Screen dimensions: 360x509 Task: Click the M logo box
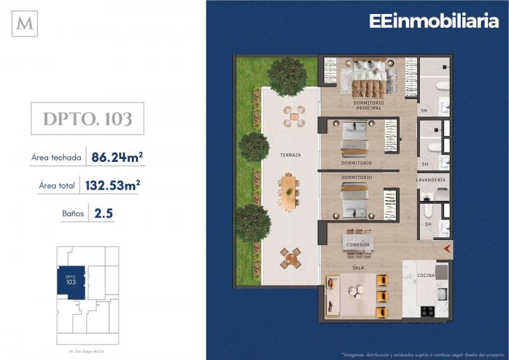point(25,24)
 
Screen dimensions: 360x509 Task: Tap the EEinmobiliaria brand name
point(434,22)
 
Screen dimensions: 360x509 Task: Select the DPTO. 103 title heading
point(87,119)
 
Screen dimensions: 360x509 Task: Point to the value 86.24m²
point(117,157)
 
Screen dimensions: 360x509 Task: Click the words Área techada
point(56,158)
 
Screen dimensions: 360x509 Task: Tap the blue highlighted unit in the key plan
point(70,283)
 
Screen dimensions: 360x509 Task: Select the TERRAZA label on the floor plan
point(290,155)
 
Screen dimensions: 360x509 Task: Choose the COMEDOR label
point(358,245)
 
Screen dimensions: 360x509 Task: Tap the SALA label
point(358,267)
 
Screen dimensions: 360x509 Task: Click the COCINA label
point(425,276)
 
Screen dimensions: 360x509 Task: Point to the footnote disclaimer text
point(421,351)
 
